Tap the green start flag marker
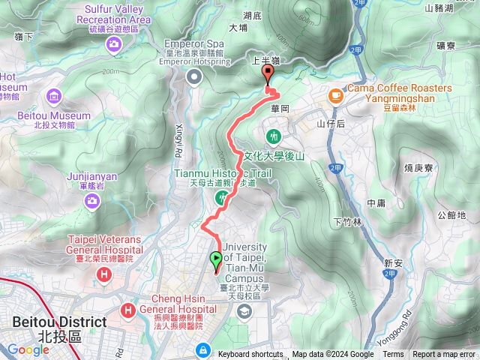click(x=217, y=260)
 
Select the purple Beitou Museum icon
click(x=54, y=96)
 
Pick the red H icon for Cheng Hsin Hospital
click(x=128, y=310)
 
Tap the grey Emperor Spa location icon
click(x=195, y=77)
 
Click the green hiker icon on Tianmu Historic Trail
click(x=222, y=197)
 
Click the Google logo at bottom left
click(x=28, y=349)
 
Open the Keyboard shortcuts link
click(x=250, y=355)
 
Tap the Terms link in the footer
click(x=393, y=355)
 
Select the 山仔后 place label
click(x=330, y=124)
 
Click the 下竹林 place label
click(x=347, y=222)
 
